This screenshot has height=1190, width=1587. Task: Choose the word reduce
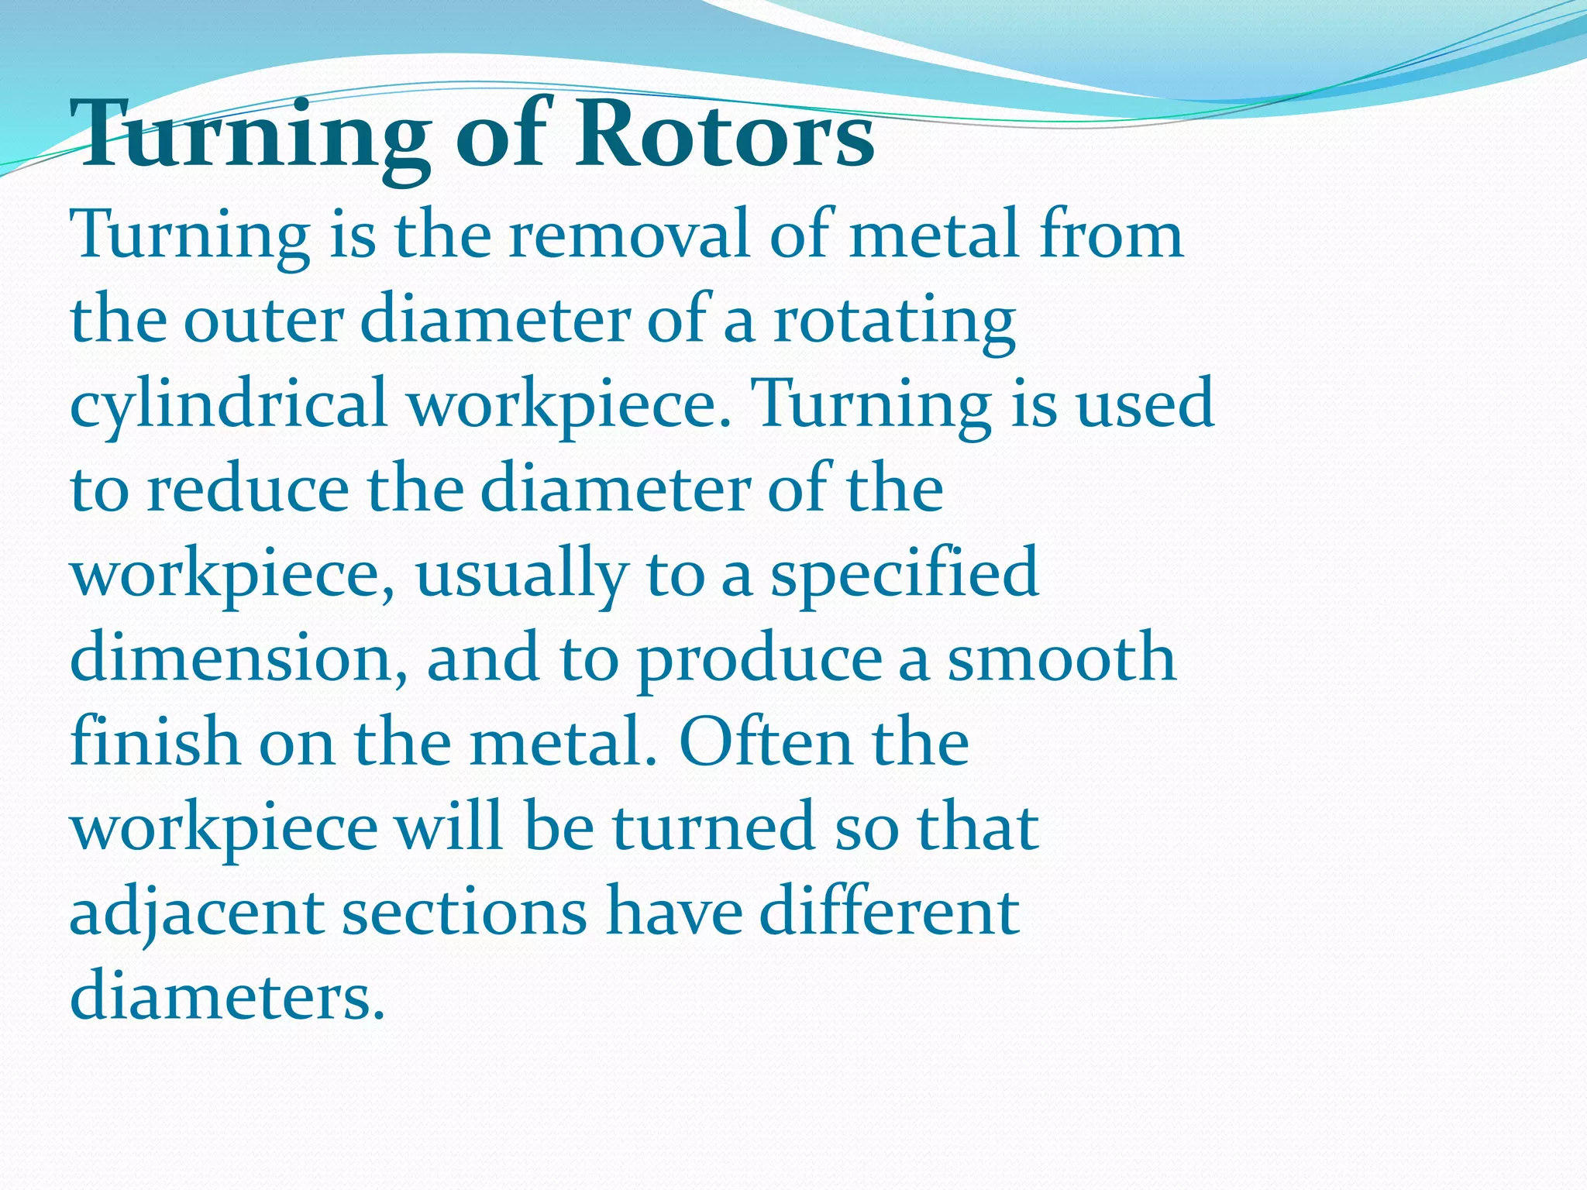(x=248, y=490)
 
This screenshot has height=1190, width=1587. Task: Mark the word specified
(x=904, y=574)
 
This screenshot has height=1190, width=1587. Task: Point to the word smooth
(x=1062, y=659)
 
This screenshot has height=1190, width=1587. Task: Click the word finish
(x=155, y=742)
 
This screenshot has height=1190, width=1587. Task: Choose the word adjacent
(x=197, y=913)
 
